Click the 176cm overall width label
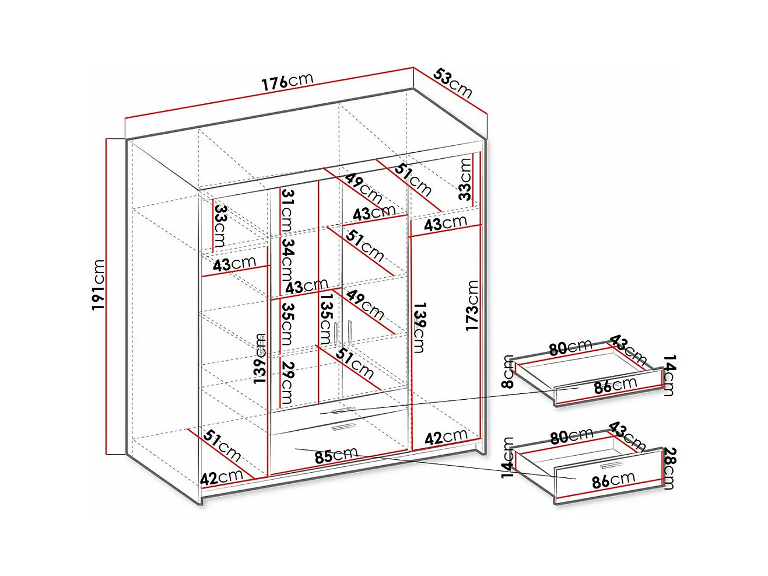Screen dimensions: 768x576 click(x=287, y=81)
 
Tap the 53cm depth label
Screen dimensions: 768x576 click(x=453, y=83)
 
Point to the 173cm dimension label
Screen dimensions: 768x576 click(x=472, y=305)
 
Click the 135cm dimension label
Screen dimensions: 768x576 click(x=325, y=319)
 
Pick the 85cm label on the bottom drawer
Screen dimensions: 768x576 click(x=336, y=456)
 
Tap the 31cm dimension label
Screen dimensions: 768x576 click(x=287, y=210)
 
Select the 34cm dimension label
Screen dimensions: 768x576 click(x=287, y=260)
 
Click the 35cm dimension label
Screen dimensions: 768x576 click(x=287, y=323)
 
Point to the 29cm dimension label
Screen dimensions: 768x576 click(x=287, y=382)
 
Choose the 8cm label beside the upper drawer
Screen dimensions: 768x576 click(x=508, y=372)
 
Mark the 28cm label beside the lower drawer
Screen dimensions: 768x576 click(x=669, y=468)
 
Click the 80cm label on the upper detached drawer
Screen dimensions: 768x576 click(x=570, y=347)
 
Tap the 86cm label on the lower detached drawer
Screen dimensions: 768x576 click(x=613, y=480)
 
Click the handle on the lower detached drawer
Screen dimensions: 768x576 click(x=612, y=465)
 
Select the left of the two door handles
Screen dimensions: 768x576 click(x=336, y=333)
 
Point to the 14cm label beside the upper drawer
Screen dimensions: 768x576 click(x=669, y=375)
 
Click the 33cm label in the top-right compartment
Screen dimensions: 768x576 click(x=465, y=179)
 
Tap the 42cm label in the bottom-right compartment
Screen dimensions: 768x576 click(x=446, y=437)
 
